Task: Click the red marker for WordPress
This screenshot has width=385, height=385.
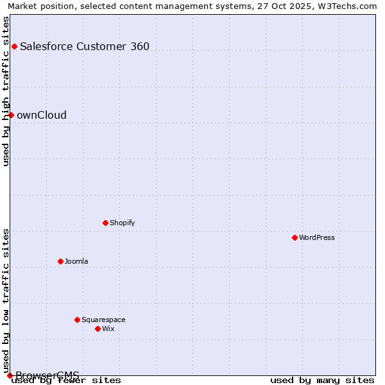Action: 295,237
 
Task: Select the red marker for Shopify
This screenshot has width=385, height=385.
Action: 105,223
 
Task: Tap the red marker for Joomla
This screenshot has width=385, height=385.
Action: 60,261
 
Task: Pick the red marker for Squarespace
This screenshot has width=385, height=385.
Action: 77,320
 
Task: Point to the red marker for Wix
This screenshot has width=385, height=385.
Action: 98,329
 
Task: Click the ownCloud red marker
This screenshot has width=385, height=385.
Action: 11,115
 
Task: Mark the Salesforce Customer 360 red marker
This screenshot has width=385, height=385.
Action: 14,46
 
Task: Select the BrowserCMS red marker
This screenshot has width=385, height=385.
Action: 10,375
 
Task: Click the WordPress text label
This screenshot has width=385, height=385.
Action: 317,237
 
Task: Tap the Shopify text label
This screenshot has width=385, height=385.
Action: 122,223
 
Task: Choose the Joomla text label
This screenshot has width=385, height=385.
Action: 76,261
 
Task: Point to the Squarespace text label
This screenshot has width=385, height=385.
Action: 103,320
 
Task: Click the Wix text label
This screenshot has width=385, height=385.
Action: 108,329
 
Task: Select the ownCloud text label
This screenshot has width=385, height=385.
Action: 42,115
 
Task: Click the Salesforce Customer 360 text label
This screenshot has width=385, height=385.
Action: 85,46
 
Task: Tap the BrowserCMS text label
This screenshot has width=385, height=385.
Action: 47,375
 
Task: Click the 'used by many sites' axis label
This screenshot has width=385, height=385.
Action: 322,381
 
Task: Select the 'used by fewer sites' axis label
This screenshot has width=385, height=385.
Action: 67,381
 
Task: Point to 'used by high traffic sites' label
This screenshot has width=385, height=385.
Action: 6,91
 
